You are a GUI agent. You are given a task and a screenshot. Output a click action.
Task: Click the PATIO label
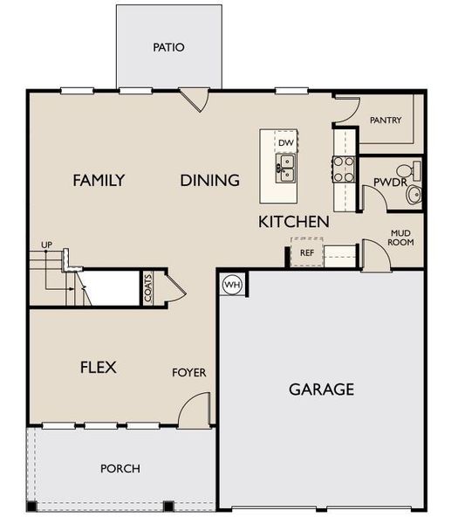point(168,47)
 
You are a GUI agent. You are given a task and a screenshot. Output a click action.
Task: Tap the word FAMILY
point(99,181)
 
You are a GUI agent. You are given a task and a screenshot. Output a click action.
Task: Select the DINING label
point(210,181)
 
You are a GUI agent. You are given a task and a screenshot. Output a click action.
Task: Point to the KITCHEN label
point(294,222)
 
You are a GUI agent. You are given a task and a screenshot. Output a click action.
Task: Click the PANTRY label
point(386,120)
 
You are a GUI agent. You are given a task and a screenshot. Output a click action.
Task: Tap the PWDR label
point(386,183)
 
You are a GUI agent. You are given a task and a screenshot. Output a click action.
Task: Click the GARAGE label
point(322,390)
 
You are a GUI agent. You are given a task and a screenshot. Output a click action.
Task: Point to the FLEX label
point(99,367)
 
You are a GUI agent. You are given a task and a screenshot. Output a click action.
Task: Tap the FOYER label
point(189,373)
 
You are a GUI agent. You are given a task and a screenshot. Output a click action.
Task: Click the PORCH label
point(120,468)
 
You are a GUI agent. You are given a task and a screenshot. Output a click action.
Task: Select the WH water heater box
point(232,284)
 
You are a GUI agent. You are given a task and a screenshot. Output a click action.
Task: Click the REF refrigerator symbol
point(307,252)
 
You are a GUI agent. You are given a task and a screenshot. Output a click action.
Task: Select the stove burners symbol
point(344,168)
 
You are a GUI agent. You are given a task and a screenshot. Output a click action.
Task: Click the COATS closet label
point(149,288)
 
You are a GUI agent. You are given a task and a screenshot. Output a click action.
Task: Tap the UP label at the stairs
point(46,245)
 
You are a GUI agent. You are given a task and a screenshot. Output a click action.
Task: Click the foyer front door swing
point(196,409)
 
